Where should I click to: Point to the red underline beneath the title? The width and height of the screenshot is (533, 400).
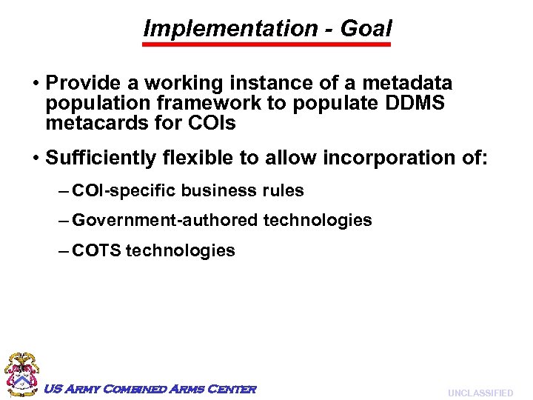tap(266, 44)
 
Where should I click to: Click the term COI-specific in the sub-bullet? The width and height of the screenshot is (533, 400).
tap(124, 190)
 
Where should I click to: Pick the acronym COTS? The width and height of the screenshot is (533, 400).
tap(96, 250)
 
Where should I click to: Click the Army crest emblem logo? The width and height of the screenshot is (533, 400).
tap(22, 375)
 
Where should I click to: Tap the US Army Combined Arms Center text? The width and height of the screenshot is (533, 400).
tap(150, 389)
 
